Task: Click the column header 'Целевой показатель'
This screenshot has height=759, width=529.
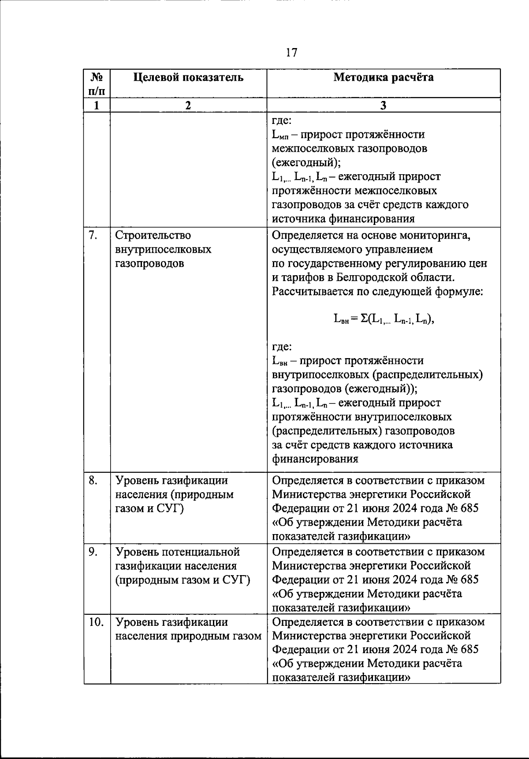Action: [188, 78]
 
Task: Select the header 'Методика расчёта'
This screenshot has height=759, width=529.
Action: [383, 78]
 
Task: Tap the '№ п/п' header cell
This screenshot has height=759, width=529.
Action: [97, 84]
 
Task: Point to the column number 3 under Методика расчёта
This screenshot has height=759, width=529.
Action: [383, 105]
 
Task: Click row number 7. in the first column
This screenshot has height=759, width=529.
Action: [93, 236]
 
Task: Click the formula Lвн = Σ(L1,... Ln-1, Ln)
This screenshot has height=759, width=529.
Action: [384, 319]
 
